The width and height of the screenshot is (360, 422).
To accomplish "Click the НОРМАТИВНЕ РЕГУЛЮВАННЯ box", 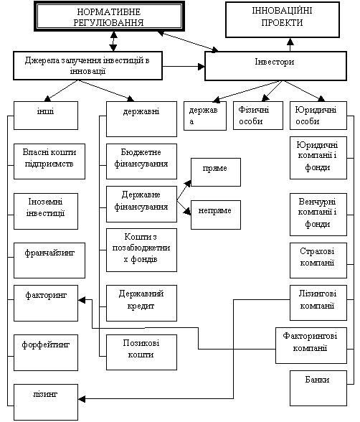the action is (x=109, y=16).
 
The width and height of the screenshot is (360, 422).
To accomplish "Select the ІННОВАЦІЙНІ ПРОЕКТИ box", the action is (x=283, y=19).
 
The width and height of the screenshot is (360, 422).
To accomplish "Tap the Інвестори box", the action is (x=275, y=66).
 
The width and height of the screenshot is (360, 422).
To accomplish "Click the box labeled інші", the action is (x=46, y=116).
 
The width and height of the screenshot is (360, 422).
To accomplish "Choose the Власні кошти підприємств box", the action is (x=49, y=161).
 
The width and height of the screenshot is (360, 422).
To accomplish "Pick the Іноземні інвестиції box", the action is (x=46, y=211).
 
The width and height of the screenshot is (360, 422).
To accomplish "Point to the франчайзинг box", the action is (x=49, y=261).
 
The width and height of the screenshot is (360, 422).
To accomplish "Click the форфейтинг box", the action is (x=46, y=352).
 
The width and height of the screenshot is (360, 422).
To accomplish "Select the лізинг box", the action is (x=46, y=402).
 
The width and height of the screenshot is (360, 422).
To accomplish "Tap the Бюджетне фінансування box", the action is (x=141, y=161).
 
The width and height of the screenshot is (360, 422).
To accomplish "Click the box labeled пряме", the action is (x=216, y=172).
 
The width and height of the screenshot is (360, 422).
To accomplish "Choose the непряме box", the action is (x=216, y=215).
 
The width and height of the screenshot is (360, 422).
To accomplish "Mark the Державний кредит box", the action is (x=141, y=303).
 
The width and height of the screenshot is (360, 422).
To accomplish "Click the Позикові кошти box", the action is (x=141, y=352).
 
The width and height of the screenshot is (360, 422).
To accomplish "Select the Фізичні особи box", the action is (x=258, y=116).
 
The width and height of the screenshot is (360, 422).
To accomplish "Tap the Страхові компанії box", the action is (x=318, y=261).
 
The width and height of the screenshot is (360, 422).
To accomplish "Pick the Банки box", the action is (x=318, y=388).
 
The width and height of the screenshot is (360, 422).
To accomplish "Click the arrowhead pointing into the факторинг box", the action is (x=82, y=300).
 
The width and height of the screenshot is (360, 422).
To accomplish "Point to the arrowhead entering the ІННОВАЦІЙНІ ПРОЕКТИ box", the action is (x=290, y=41).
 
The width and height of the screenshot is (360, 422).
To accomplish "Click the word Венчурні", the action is (x=317, y=201).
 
